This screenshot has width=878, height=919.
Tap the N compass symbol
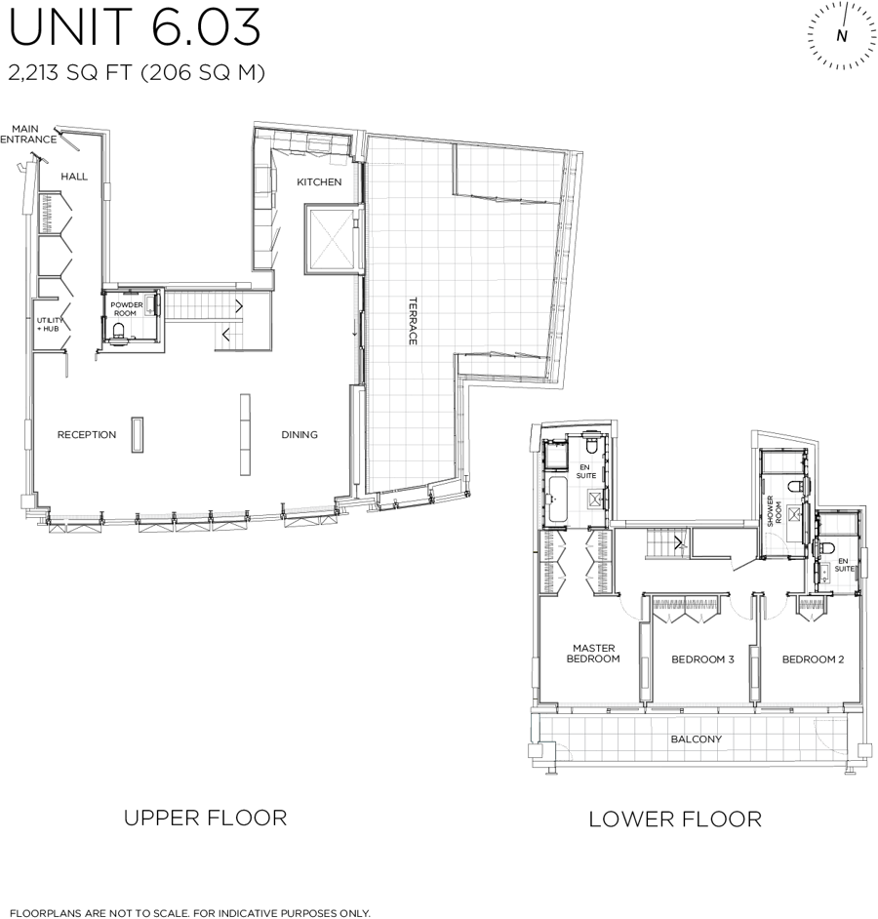842,35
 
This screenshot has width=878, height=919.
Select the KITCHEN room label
319,182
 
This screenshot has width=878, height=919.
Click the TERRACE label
413,321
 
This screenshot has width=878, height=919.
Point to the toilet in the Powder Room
119,331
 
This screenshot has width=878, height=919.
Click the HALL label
74,177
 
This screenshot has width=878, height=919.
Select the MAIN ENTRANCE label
27,135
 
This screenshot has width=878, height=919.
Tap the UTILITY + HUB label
49,325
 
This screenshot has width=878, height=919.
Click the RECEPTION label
87,434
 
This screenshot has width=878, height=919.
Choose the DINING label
299,434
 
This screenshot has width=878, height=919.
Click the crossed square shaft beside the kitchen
331,239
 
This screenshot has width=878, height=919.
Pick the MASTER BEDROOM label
593,654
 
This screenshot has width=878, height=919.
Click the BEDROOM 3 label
702,659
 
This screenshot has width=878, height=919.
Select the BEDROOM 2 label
813,659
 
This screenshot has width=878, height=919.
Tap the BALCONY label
696,739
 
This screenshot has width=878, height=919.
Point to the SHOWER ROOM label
775,511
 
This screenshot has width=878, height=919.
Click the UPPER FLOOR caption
205,818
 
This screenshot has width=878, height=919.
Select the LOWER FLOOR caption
675,819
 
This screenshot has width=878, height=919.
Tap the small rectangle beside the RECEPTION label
138,435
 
